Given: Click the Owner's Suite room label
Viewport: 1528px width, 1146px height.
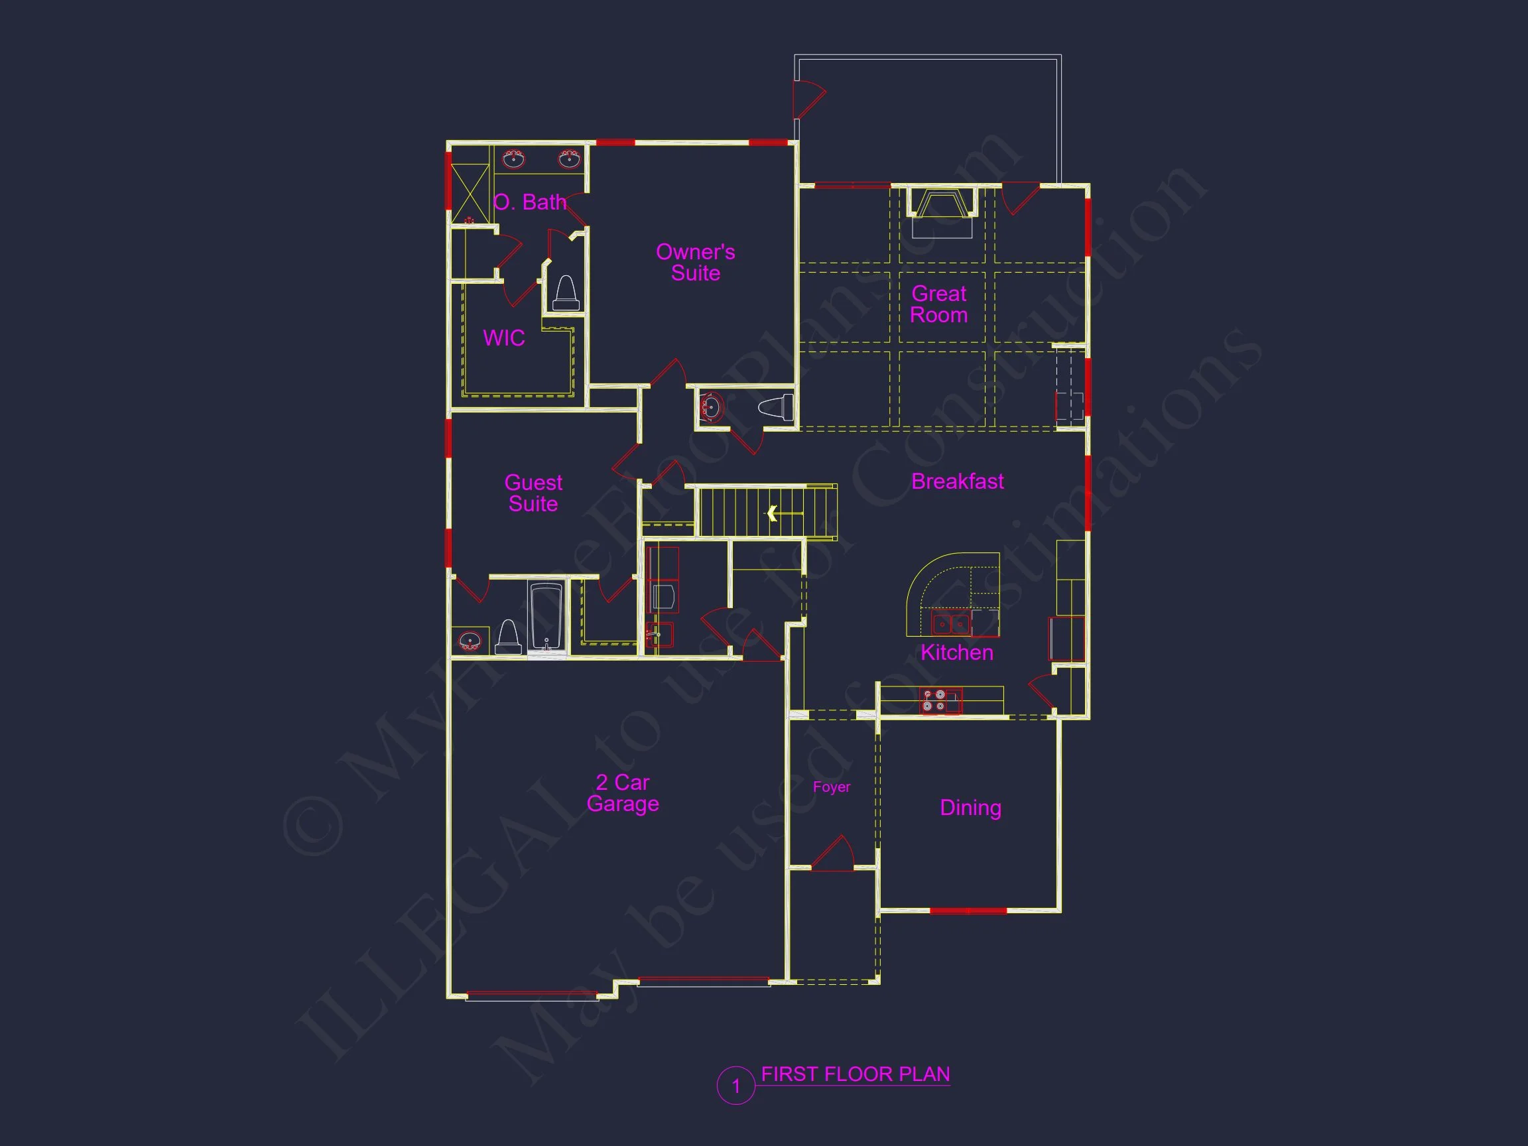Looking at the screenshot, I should point(695,263).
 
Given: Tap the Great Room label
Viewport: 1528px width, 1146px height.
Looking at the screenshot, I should point(939,304).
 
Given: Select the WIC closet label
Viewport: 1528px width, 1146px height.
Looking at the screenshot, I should point(503,338).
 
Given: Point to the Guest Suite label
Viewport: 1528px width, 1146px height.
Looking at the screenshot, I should point(533,493).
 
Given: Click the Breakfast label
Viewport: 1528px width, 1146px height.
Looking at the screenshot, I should point(958,481).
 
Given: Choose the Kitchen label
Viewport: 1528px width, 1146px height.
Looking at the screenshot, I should point(957,652).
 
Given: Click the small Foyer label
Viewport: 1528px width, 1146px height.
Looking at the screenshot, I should point(831,787).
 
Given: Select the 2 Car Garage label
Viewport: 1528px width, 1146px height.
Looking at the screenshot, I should point(622,793).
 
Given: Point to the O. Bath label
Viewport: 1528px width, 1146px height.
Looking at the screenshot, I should point(530,202).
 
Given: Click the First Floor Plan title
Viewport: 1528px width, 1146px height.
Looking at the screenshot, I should point(855,1074).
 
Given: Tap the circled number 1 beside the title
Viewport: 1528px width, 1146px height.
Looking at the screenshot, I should point(735,1086).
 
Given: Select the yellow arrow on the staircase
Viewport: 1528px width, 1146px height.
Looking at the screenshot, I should point(772,513).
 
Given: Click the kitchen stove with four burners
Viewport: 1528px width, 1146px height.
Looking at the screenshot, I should point(934,700).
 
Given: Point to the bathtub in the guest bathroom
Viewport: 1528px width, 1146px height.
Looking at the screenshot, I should point(546,617).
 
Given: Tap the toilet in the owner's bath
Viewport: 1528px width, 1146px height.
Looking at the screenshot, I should point(566,294).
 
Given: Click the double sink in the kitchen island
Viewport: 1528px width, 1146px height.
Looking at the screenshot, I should point(950,624).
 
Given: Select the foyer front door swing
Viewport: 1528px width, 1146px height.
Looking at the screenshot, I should point(834,854).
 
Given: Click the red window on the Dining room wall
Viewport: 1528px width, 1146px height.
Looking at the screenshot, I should point(968,911).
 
